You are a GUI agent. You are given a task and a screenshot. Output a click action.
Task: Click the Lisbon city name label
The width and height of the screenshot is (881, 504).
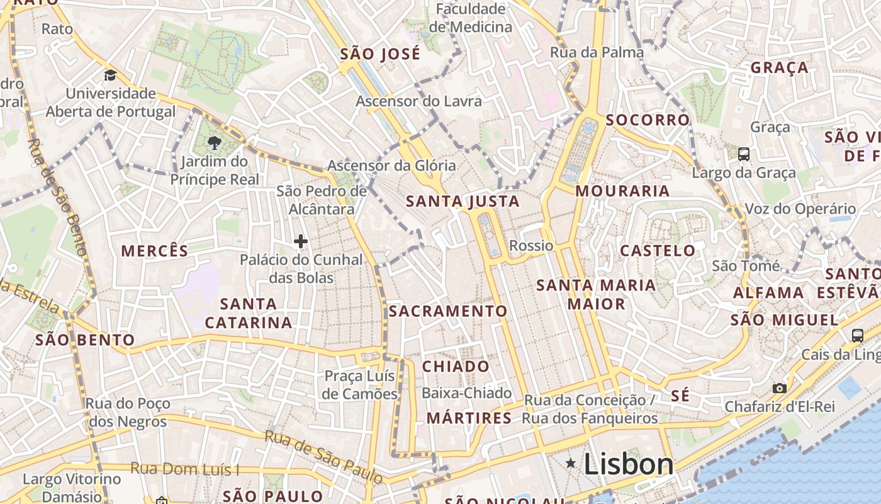pyautogui.click(x=628, y=465)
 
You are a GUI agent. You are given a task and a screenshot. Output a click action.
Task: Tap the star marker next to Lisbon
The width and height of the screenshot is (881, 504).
pyautogui.click(x=571, y=464)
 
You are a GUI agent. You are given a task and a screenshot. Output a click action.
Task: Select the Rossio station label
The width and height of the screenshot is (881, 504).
pyautogui.click(x=531, y=246)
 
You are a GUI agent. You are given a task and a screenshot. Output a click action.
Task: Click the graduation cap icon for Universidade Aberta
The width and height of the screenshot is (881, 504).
pyautogui.click(x=111, y=76)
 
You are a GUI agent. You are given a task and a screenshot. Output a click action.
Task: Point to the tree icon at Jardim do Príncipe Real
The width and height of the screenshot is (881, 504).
pyautogui.click(x=215, y=142)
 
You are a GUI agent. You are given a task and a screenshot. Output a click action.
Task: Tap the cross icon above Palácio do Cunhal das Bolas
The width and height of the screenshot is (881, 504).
pyautogui.click(x=301, y=241)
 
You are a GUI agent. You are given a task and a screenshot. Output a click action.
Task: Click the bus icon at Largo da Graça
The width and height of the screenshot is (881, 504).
pyautogui.click(x=743, y=154)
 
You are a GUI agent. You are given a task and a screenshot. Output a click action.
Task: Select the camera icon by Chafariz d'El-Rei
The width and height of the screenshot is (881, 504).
pyautogui.click(x=780, y=388)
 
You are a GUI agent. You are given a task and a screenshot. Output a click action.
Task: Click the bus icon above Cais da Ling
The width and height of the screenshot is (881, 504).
pyautogui.click(x=858, y=335)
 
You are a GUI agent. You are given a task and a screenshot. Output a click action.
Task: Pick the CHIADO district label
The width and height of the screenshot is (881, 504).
pyautogui.click(x=456, y=367)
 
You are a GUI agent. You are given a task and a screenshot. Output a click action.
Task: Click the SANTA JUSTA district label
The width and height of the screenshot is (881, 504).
pyautogui.click(x=463, y=202)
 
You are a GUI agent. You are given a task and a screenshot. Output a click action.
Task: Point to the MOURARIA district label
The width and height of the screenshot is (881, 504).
pyautogui.click(x=622, y=191)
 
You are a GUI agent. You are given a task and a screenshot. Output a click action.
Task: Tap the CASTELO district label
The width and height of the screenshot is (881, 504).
pyautogui.click(x=658, y=251)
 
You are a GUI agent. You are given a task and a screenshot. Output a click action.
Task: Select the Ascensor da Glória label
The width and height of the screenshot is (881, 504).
pyautogui.click(x=391, y=166)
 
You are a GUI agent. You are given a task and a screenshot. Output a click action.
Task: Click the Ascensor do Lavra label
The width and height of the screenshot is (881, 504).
pyautogui.click(x=418, y=101)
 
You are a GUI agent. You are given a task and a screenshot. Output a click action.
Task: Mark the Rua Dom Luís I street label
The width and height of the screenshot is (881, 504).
pyautogui.click(x=185, y=469)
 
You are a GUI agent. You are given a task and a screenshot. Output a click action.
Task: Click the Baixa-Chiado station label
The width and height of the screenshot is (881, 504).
pyautogui.click(x=466, y=393)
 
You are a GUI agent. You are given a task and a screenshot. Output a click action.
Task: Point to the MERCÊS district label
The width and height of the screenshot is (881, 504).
pyautogui.click(x=155, y=251)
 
